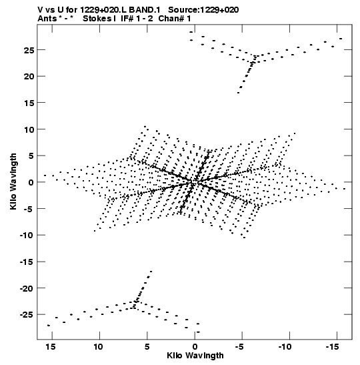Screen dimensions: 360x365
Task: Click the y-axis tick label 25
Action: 29,50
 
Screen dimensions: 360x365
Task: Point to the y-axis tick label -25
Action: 27,315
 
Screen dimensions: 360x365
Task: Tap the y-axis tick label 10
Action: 29,129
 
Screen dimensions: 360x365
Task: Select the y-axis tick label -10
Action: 27,236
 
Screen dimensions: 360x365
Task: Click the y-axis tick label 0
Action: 31,183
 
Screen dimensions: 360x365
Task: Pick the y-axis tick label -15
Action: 27,262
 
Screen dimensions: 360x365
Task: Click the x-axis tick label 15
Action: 51,347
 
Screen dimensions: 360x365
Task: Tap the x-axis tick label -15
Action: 332,347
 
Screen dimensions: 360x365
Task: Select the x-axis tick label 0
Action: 195,347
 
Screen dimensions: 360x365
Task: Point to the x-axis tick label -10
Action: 285,347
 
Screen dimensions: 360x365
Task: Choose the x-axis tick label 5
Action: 147,347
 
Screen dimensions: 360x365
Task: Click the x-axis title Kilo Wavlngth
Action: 195,356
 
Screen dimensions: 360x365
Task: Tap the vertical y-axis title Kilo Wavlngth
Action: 13,181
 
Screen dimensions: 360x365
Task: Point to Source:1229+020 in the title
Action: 203,10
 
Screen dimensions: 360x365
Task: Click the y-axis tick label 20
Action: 29,77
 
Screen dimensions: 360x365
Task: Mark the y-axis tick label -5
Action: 29,209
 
